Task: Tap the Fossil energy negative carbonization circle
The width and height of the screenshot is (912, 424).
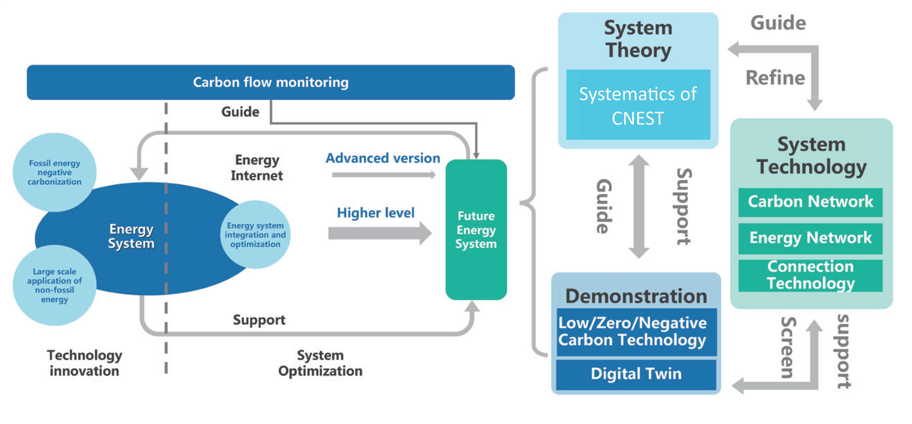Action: pyautogui.click(x=55, y=172)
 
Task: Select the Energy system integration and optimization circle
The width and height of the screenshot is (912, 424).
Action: pyautogui.click(x=255, y=235)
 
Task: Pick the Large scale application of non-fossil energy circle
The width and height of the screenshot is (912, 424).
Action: pyautogui.click(x=55, y=285)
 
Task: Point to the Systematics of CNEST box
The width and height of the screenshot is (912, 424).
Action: pyautogui.click(x=638, y=105)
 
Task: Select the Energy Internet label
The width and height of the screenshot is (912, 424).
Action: pyautogui.click(x=257, y=168)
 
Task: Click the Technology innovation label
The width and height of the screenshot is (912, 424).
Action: pyautogui.click(x=85, y=363)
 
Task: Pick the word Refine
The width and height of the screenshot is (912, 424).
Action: pyautogui.click(x=775, y=78)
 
